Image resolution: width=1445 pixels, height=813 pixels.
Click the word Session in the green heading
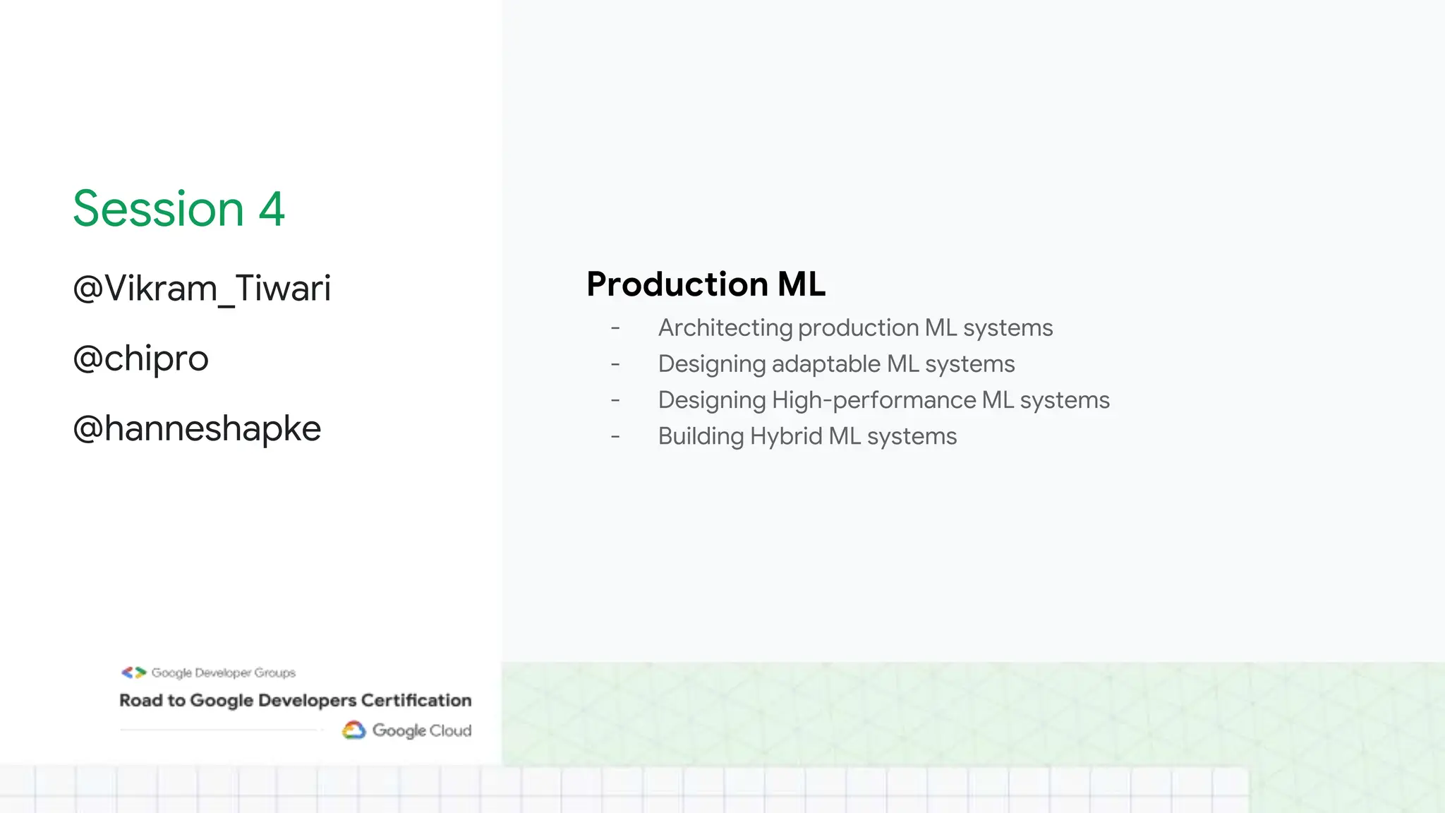[x=159, y=209]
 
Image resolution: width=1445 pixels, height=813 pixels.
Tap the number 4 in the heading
[x=272, y=209]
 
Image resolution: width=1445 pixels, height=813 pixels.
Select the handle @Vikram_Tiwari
[x=202, y=289]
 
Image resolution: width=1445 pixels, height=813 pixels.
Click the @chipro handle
[x=141, y=359]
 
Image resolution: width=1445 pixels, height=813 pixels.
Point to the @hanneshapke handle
[x=197, y=428]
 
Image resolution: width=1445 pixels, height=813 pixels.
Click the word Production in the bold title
[x=677, y=284]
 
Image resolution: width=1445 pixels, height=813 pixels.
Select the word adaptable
[x=826, y=364]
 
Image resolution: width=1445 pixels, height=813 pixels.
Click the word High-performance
[x=873, y=400]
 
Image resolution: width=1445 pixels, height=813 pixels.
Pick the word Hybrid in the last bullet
[x=786, y=436]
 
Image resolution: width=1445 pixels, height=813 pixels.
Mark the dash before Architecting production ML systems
[x=615, y=328]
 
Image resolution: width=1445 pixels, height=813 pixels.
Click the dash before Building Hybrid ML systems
[x=615, y=437]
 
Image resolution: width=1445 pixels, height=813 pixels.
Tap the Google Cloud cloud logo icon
[x=354, y=730]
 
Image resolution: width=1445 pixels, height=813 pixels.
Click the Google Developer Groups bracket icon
[x=133, y=673]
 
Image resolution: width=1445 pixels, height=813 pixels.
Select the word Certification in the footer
[x=416, y=700]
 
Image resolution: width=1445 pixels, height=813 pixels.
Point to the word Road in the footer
[x=141, y=700]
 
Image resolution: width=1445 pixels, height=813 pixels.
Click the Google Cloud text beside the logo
[x=422, y=730]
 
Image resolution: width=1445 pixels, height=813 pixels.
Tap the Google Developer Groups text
[x=224, y=673]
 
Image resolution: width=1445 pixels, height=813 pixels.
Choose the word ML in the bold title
[x=801, y=284]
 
